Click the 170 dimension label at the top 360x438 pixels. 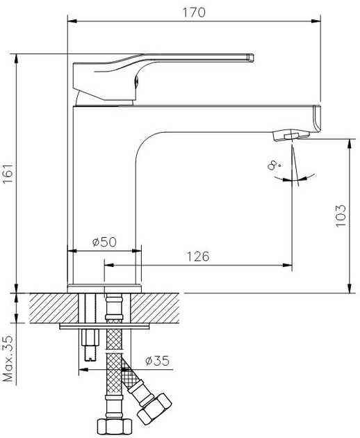point(194,13)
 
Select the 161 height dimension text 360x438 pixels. point(8,173)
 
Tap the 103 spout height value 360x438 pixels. point(341,216)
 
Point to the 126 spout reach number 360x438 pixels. point(198,257)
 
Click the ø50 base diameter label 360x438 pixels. point(104,242)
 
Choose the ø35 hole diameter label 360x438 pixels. point(157,361)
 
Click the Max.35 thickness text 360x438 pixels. point(8,359)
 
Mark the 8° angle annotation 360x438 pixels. point(274,165)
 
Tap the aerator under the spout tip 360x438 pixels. point(291,135)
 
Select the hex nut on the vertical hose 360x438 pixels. point(115,427)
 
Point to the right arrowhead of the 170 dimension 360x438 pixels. point(316,21)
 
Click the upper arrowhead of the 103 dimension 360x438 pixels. point(350,143)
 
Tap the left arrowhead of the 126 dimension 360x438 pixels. point(109,265)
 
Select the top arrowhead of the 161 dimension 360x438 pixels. point(17,58)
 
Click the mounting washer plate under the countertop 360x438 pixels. point(104,326)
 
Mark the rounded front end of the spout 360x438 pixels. point(317,119)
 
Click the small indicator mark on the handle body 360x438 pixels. point(137,81)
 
